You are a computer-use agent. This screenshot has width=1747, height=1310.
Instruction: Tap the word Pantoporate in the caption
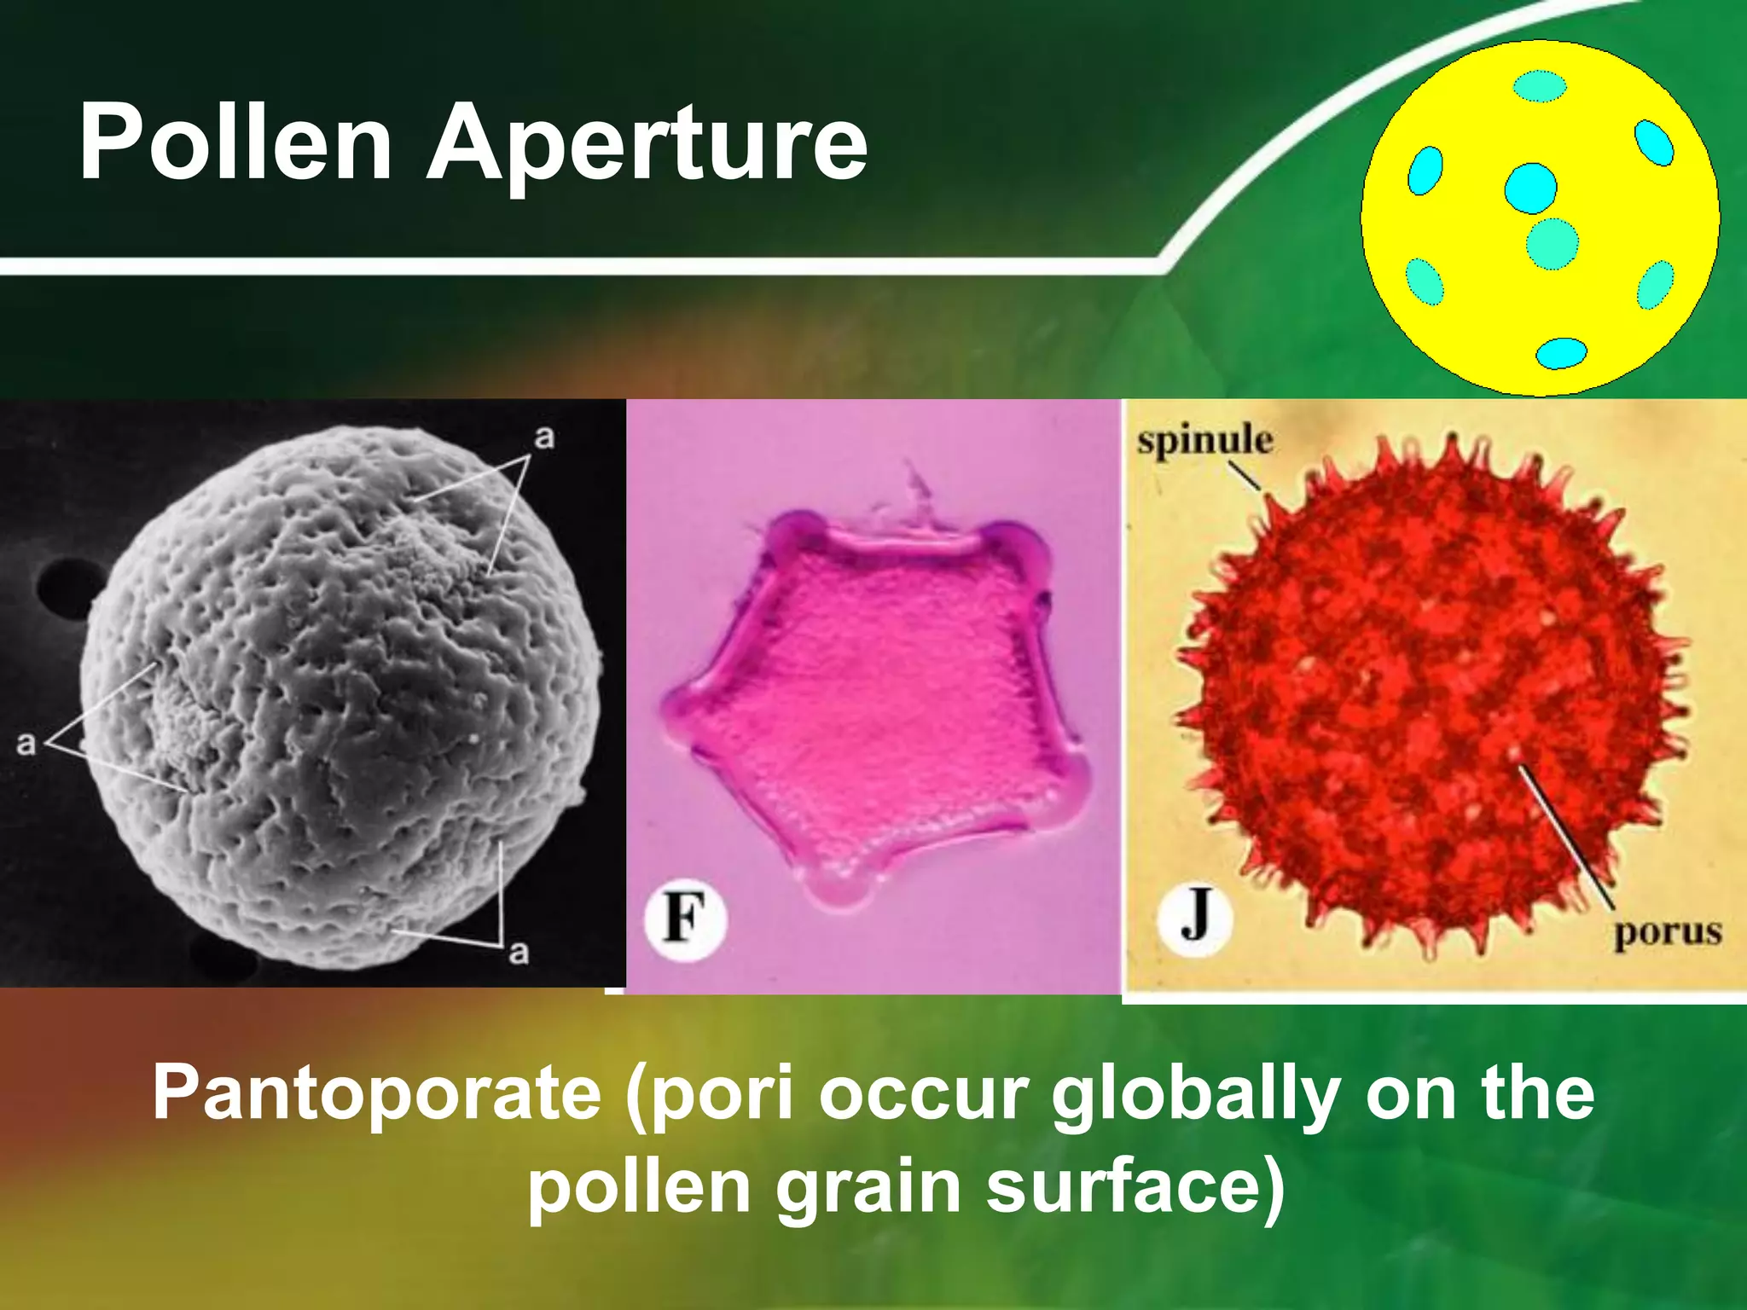(377, 1093)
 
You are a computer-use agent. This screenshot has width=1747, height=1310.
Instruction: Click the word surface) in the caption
(1135, 1187)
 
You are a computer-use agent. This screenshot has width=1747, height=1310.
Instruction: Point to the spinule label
(1204, 441)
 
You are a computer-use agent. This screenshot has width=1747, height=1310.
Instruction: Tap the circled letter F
(685, 919)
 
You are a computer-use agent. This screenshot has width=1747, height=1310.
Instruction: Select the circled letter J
(1195, 919)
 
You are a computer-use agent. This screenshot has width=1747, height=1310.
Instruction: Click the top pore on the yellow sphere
(1540, 86)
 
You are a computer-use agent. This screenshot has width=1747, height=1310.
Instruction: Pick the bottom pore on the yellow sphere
(1561, 353)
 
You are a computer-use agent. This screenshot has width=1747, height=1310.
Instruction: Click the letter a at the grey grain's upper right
(544, 438)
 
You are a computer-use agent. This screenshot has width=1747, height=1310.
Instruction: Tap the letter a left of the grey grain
(26, 743)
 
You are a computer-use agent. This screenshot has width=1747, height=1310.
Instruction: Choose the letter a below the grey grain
(519, 951)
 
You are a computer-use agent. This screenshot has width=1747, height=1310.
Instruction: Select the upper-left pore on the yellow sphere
(1425, 171)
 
